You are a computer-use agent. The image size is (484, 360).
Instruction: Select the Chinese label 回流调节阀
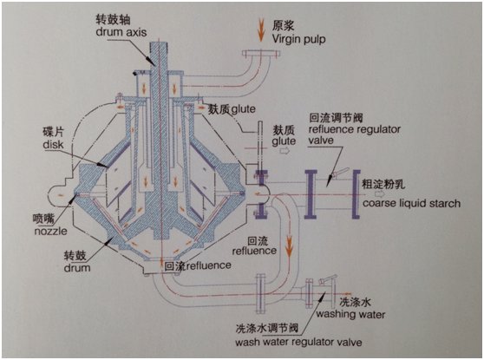point(333,115)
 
